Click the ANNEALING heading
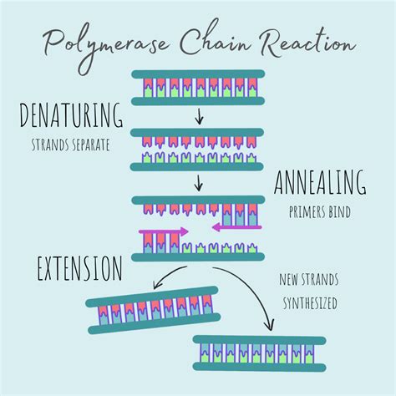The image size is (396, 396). coord(320,182)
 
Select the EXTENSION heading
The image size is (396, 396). coord(80,269)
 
